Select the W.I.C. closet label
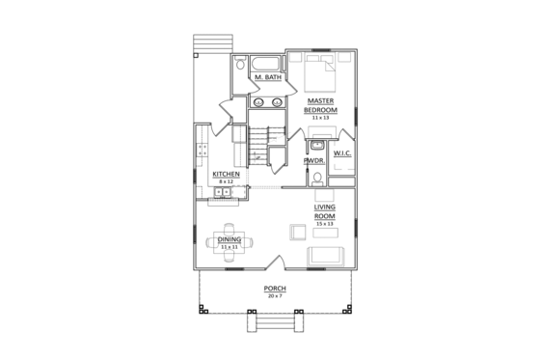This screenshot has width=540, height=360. click(x=341, y=153)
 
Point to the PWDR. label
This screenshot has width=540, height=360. click(x=313, y=161)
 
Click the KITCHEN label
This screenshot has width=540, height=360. click(x=226, y=175)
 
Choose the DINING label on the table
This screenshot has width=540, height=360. click(x=229, y=238)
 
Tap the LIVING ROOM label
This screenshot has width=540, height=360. click(x=324, y=211)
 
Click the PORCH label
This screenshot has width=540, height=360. click(x=275, y=290)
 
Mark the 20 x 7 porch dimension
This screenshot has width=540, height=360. click(x=275, y=296)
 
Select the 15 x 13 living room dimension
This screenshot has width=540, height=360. click(x=324, y=223)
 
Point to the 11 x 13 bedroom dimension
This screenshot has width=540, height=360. click(x=320, y=117)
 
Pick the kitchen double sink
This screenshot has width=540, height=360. click(x=222, y=193)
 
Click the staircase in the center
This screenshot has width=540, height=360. click(x=260, y=145)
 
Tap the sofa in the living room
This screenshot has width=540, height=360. click(x=325, y=255)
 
